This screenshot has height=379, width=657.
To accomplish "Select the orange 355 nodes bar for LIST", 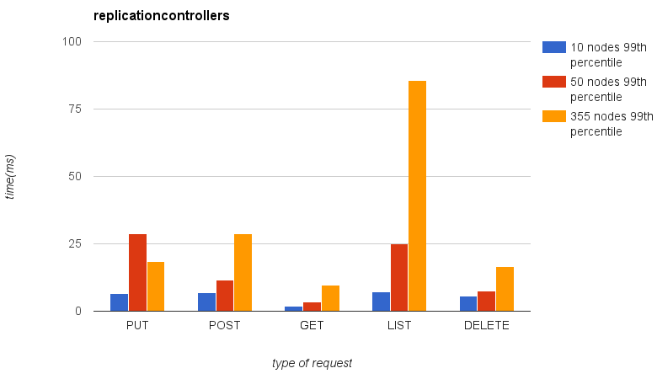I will tap(417, 196).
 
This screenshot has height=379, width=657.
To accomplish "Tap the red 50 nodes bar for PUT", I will tap(137, 273).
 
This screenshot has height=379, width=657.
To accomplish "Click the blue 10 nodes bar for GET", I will tap(293, 308).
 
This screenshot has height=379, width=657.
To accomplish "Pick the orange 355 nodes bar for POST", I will tap(243, 273).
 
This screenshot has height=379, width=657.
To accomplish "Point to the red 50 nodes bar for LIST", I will tap(399, 278).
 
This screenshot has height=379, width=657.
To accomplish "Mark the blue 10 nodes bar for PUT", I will tap(119, 302).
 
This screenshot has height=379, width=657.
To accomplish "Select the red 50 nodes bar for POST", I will tap(225, 296).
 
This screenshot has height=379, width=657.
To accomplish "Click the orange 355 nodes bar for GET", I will tap(330, 298).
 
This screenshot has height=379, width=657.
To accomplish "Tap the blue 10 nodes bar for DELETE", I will tap(468, 304).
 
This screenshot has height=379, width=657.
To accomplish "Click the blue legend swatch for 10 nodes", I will tap(553, 47).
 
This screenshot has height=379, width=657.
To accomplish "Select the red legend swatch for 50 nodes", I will tap(553, 82).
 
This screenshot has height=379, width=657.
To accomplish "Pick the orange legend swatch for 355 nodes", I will tap(553, 116).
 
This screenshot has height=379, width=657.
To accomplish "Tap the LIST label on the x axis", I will tap(399, 326).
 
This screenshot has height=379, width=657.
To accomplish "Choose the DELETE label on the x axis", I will tap(486, 326).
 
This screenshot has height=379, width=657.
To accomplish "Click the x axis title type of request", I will tap(312, 363).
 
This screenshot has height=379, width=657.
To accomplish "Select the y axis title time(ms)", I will tap(11, 176).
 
